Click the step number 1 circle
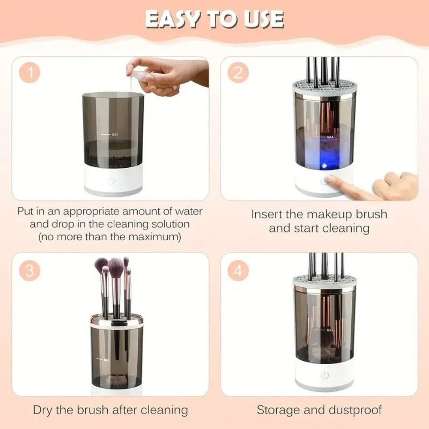pos(30,73)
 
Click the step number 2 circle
pos(238,73)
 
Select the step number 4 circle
pos(238,272)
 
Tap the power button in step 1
pos(111,181)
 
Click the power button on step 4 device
pos(325,375)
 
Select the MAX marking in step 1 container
pos(115,134)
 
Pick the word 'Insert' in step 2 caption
pos(269,214)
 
